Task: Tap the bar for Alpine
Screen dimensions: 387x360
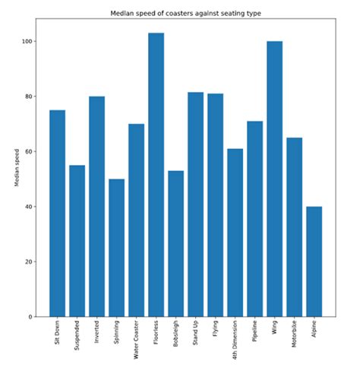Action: click(x=314, y=262)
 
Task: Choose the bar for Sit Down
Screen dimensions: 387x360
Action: click(x=57, y=214)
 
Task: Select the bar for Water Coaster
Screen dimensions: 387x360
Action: click(x=136, y=220)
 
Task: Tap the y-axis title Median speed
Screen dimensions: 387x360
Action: click(x=16, y=167)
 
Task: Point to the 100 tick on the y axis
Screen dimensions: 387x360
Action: click(x=28, y=42)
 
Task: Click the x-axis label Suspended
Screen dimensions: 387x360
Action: click(x=77, y=339)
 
